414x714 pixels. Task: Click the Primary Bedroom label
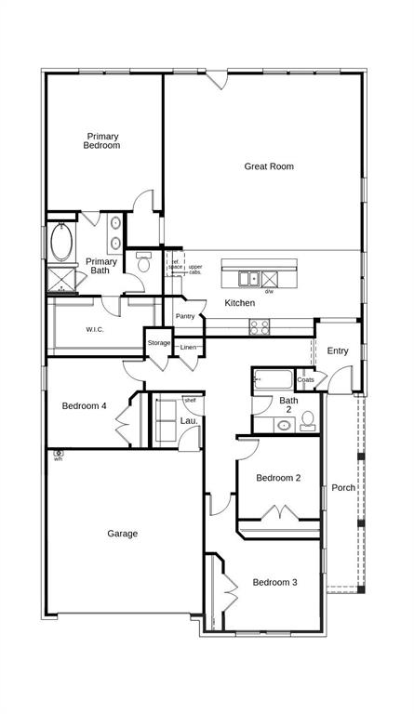tap(102, 140)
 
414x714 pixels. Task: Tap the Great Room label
tap(269, 166)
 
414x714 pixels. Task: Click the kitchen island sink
tap(248, 278)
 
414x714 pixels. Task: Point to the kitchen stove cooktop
tap(259, 326)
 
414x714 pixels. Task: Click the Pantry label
tap(185, 316)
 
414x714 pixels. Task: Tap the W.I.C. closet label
tap(95, 329)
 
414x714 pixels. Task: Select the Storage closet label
tap(159, 343)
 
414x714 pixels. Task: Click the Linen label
tap(189, 347)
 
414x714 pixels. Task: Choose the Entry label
tap(338, 350)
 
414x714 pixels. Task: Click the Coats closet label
tap(306, 379)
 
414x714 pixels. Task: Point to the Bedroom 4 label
tap(85, 405)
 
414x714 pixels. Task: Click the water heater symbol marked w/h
tap(58, 454)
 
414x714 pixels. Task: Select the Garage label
tap(122, 534)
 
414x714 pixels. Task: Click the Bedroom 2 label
tap(278, 478)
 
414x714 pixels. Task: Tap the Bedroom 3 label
tap(274, 582)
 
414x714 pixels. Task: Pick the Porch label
tap(343, 487)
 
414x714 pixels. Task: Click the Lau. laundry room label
tap(188, 421)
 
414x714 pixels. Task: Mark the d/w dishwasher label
tap(269, 292)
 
